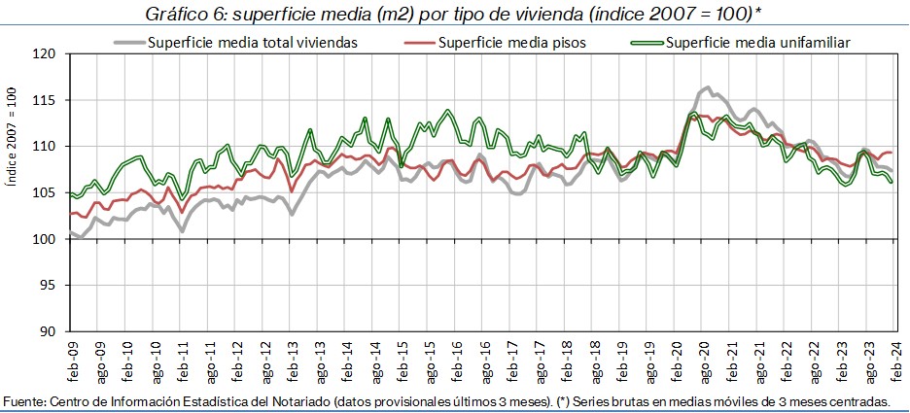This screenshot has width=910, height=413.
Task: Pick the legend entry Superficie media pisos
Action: click(511, 43)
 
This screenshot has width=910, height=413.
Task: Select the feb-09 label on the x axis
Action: click(72, 361)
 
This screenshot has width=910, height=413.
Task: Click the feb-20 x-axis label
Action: click(678, 361)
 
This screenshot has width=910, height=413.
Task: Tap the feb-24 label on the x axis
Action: click(897, 361)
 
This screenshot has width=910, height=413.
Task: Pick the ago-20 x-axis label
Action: click(705, 361)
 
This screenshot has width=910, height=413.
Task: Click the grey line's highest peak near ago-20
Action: click(707, 88)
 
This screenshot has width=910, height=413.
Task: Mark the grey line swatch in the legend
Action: click(128, 43)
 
